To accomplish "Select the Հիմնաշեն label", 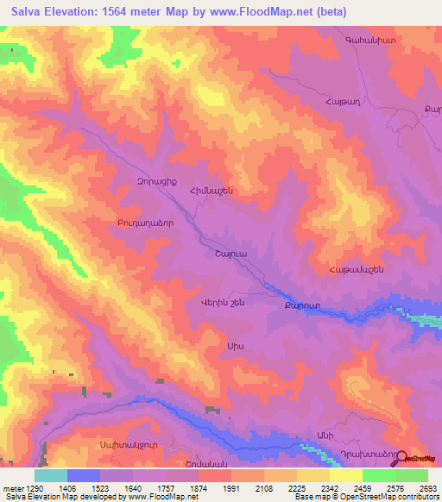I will [x=212, y=191].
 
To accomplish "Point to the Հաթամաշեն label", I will [x=354, y=270].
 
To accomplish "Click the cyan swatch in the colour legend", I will [x=50, y=475].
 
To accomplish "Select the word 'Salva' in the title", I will [x=28, y=12].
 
